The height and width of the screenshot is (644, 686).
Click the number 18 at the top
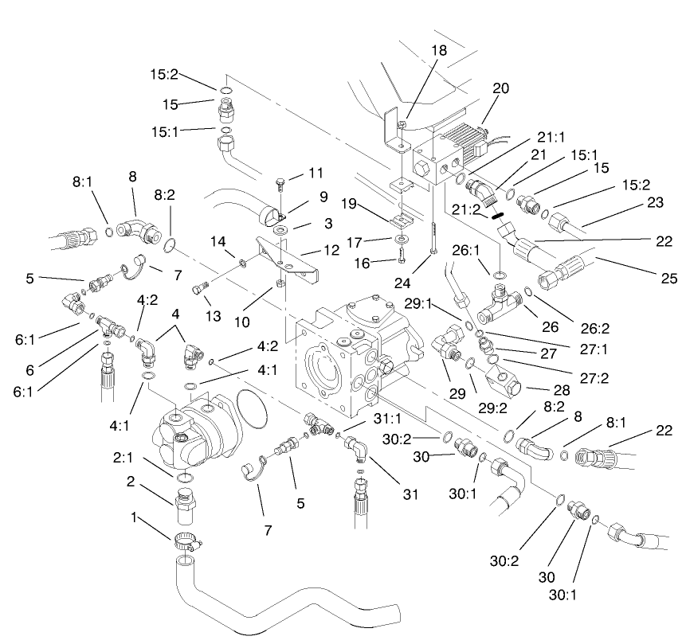tap(439, 49)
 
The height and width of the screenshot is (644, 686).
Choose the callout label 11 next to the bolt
tap(316, 173)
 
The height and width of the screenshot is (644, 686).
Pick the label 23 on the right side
tap(657, 203)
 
